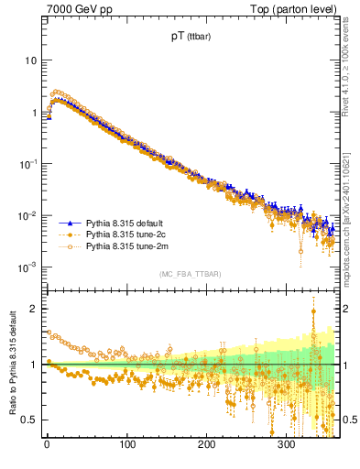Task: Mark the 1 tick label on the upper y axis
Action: click(33, 113)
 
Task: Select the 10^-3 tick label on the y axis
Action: click(27, 267)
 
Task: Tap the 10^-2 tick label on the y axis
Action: click(27, 216)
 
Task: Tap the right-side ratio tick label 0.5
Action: click(346, 420)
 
